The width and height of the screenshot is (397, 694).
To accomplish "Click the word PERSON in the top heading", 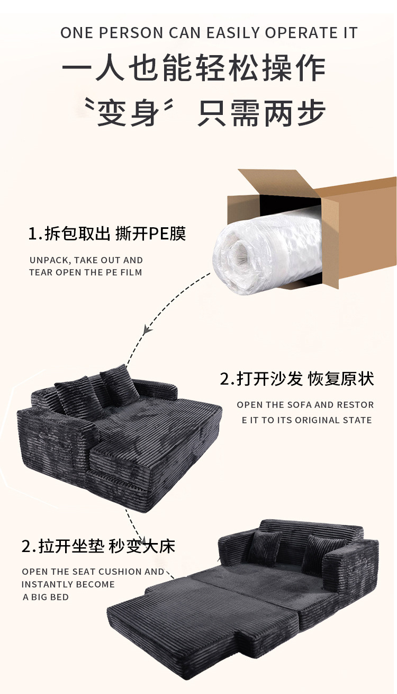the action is [132, 33].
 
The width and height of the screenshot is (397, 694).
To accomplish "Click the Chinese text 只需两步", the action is [261, 112].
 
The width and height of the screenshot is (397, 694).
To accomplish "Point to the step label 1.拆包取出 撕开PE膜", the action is [107, 234].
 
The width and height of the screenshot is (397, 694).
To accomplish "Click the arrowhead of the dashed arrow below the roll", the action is [148, 328].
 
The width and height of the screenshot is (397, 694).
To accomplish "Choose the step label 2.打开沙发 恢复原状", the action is [297, 379].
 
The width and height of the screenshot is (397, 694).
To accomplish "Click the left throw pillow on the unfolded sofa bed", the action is [267, 549].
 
